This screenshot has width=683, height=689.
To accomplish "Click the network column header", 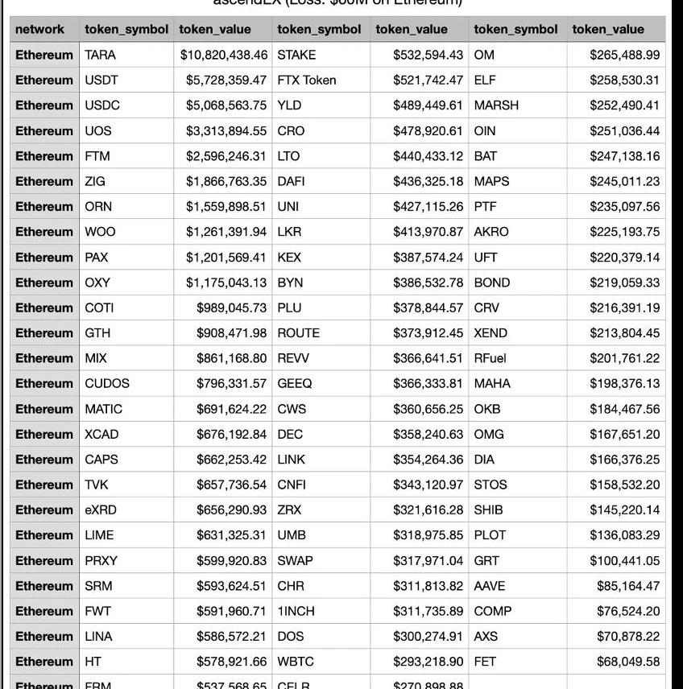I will (39, 29).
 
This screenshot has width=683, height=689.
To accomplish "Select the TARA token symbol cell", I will (101, 55).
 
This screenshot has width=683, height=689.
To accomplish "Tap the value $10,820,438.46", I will (223, 55).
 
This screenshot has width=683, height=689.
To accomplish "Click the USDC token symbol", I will (102, 105).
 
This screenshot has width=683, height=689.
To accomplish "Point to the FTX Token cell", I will (307, 80).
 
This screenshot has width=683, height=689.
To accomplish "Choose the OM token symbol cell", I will (484, 55).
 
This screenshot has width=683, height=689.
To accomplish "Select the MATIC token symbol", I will (104, 409).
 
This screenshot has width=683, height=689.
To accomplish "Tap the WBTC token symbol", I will (296, 662).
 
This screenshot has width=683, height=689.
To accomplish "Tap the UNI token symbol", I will (288, 206).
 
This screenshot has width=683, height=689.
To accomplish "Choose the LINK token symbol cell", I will (292, 460).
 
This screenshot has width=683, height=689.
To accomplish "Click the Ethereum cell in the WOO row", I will (44, 232).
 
